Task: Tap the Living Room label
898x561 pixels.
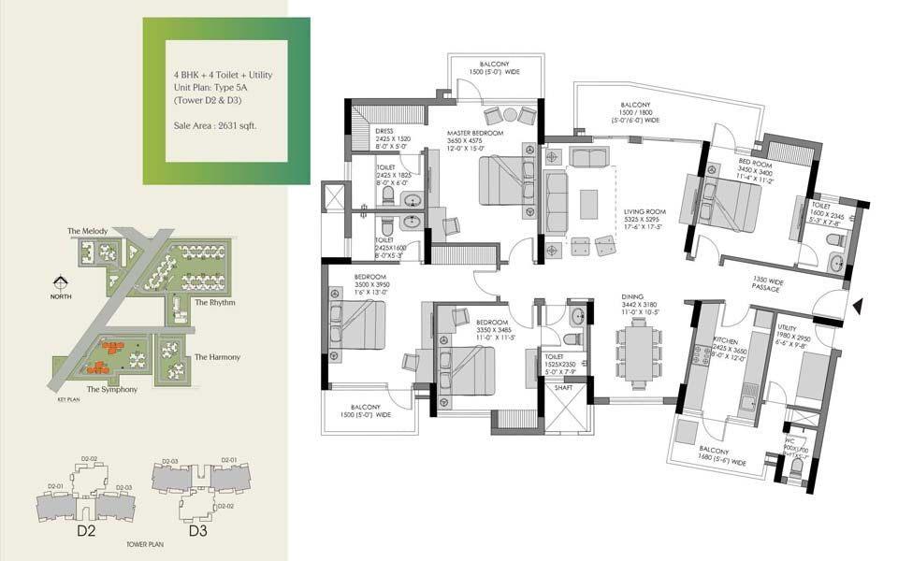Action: click(645, 212)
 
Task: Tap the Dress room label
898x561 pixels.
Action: click(383, 132)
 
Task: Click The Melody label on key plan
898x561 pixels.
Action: click(87, 231)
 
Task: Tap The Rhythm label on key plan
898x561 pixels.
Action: click(214, 303)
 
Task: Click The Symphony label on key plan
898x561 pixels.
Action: click(112, 389)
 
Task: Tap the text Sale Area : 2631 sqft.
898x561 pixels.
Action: click(215, 124)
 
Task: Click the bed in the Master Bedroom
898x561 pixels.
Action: click(505, 180)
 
